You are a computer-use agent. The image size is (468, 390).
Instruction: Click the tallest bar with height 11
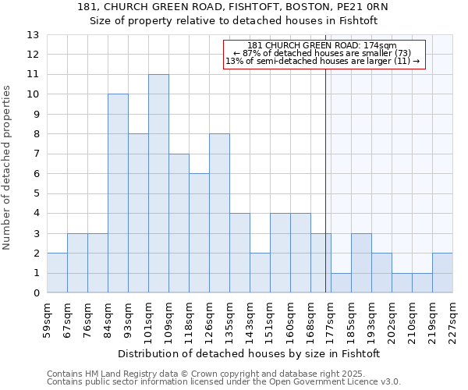pyautogui.click(x=158, y=183)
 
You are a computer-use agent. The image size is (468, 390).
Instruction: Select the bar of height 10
pyautogui.click(x=118, y=193)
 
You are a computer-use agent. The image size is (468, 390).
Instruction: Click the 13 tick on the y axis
pyautogui.click(x=33, y=35)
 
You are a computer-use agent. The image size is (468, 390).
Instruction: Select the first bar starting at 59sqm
pyautogui.click(x=57, y=273)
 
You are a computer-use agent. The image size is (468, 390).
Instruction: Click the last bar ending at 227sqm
pyautogui.click(x=442, y=273)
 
